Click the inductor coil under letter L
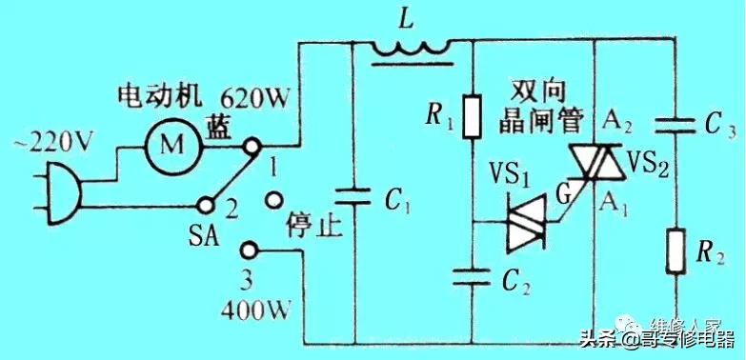point(409,47)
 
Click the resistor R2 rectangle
point(678,249)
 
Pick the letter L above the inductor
point(407,17)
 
